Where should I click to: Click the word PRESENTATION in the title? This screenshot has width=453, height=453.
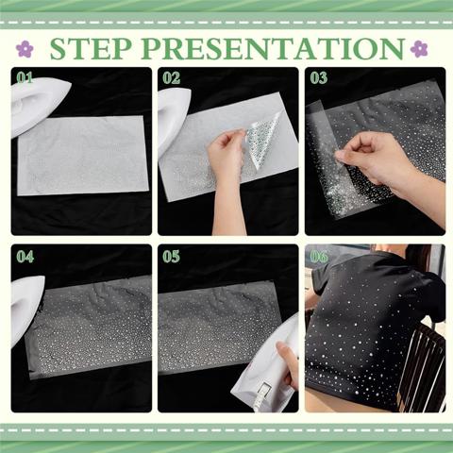click(273, 49)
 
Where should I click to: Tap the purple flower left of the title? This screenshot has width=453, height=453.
click(25, 49)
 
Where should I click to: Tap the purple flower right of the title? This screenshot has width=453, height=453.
click(419, 49)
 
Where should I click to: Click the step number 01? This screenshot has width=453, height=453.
click(25, 77)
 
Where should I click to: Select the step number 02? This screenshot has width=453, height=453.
click(172, 77)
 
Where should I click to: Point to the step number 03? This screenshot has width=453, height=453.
click(319, 77)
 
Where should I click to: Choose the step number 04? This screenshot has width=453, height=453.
click(25, 257)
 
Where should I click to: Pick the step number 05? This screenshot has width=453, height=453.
click(172, 257)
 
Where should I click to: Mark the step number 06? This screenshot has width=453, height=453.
click(319, 257)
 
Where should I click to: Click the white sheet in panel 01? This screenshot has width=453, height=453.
click(83, 156)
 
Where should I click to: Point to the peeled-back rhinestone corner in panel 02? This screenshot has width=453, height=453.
click(261, 139)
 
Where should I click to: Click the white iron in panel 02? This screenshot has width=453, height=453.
click(173, 120)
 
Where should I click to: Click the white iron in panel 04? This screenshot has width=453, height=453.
click(26, 310)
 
